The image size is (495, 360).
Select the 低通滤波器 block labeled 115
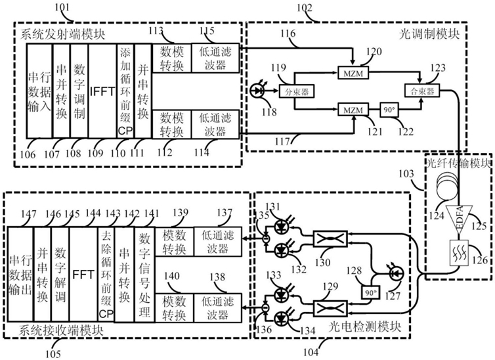214,58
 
